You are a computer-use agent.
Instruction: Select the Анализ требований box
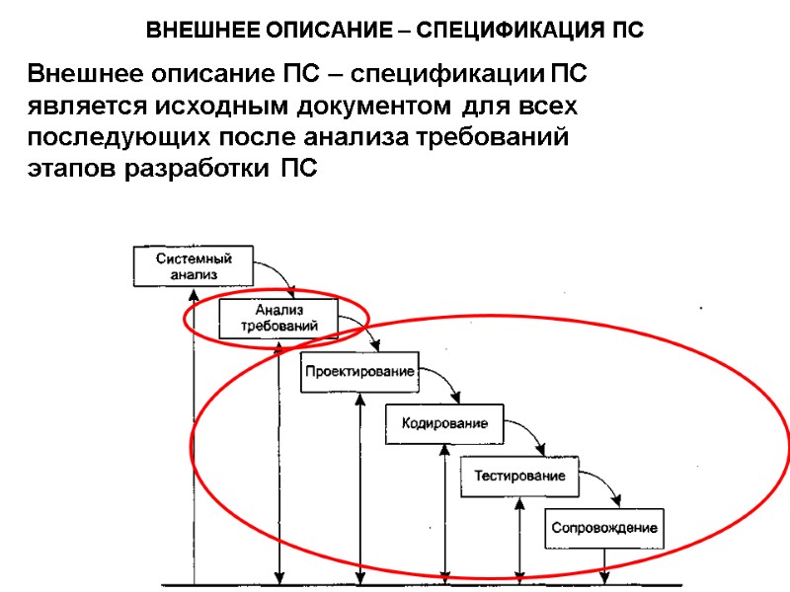click(x=278, y=318)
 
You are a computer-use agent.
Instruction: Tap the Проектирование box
click(x=357, y=372)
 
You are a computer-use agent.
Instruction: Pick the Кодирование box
click(x=443, y=423)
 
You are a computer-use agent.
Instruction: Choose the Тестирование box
click(x=519, y=476)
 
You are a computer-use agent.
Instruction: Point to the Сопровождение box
click(x=603, y=528)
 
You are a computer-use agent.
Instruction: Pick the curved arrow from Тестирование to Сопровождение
click(x=604, y=485)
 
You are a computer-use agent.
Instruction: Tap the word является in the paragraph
click(x=75, y=106)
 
